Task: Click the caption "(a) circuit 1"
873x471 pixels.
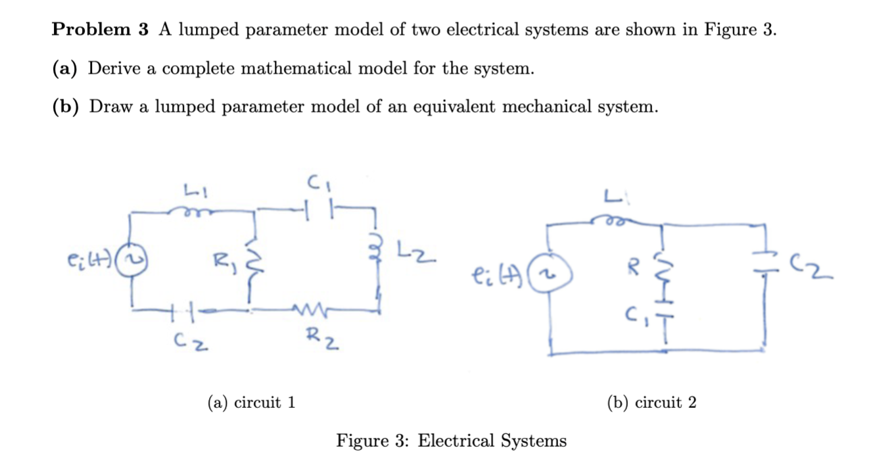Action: pyautogui.click(x=251, y=402)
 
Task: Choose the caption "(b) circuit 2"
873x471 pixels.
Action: pyautogui.click(x=651, y=402)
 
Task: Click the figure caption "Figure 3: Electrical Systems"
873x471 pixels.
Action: pyautogui.click(x=451, y=440)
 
